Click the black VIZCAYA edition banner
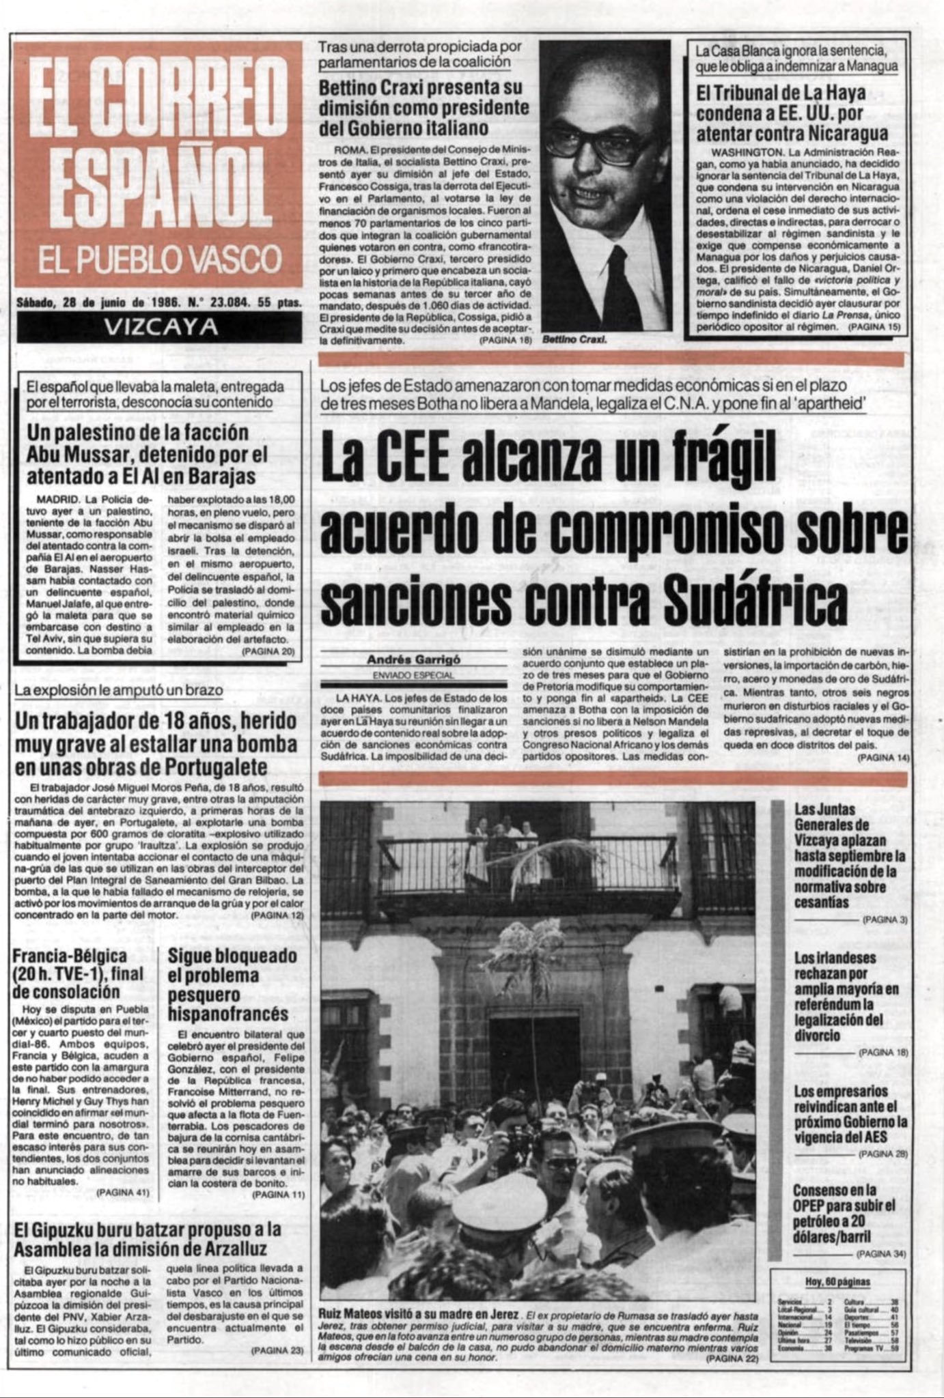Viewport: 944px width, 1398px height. tap(158, 327)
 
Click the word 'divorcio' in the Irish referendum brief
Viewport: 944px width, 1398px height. tap(817, 1036)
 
